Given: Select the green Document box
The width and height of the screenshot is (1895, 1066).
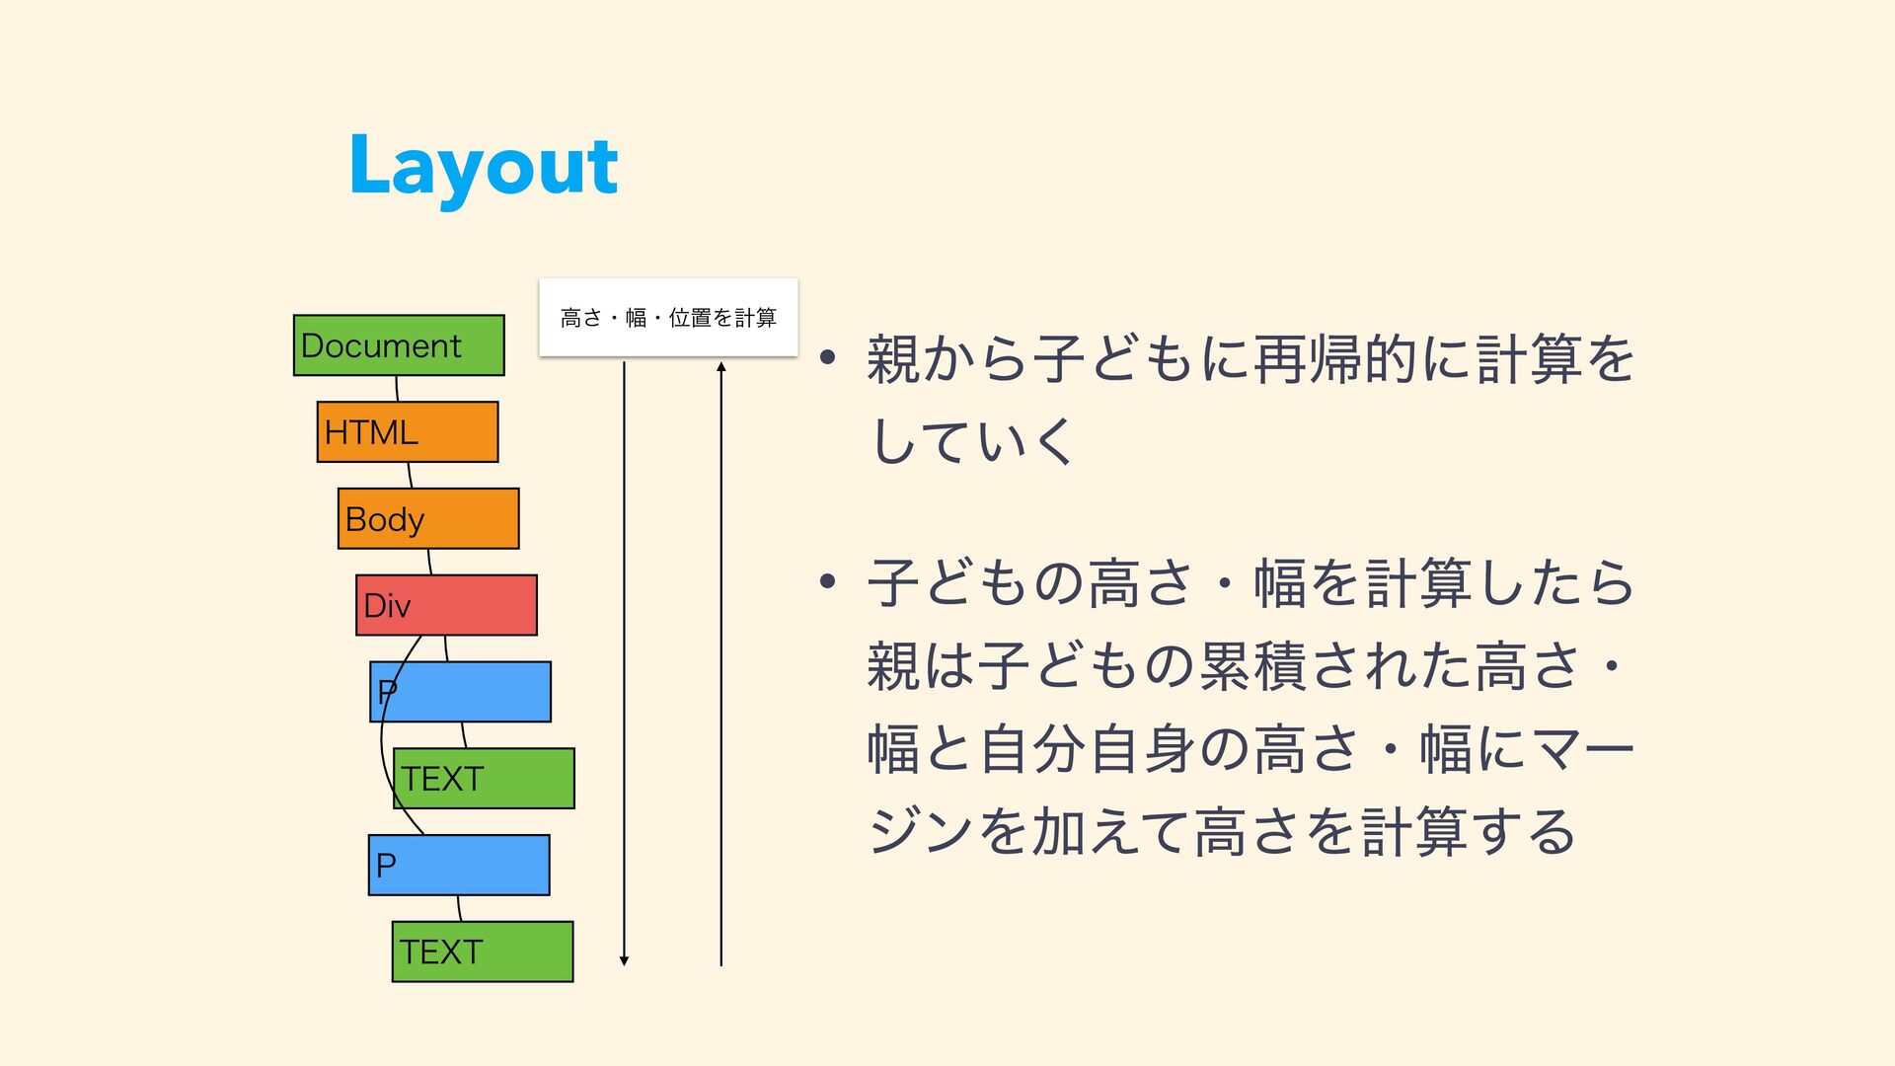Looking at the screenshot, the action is pos(399,345).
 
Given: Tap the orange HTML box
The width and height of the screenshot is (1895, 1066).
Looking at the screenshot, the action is pos(408,431).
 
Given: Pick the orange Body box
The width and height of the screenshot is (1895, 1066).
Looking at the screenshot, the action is pos(428,518).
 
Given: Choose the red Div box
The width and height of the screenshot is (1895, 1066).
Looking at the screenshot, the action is pos(446,605).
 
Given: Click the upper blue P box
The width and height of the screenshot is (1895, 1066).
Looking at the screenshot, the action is pos(461,692).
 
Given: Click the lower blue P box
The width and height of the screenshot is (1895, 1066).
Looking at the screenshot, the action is pos(459,866).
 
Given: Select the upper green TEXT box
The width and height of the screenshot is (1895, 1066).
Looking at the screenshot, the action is pos(484,779).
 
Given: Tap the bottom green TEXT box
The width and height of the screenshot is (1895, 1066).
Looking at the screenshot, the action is pos(483,952).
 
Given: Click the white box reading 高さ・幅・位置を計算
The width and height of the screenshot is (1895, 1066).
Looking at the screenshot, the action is pos(668,318).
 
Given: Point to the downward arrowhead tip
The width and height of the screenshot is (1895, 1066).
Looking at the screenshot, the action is pos(624,965).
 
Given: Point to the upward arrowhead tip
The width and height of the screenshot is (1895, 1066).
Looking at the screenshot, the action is pos(721,362).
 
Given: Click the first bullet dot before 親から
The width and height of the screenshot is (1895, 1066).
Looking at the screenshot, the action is pos(828,357).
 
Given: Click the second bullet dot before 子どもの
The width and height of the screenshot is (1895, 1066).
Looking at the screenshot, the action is pos(828,580).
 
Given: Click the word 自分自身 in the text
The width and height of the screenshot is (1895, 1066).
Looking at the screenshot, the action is pos(1088,748).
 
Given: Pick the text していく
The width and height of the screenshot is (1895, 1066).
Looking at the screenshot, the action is pos(972,440).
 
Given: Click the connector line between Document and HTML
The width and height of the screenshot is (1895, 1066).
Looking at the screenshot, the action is pos(397,389).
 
